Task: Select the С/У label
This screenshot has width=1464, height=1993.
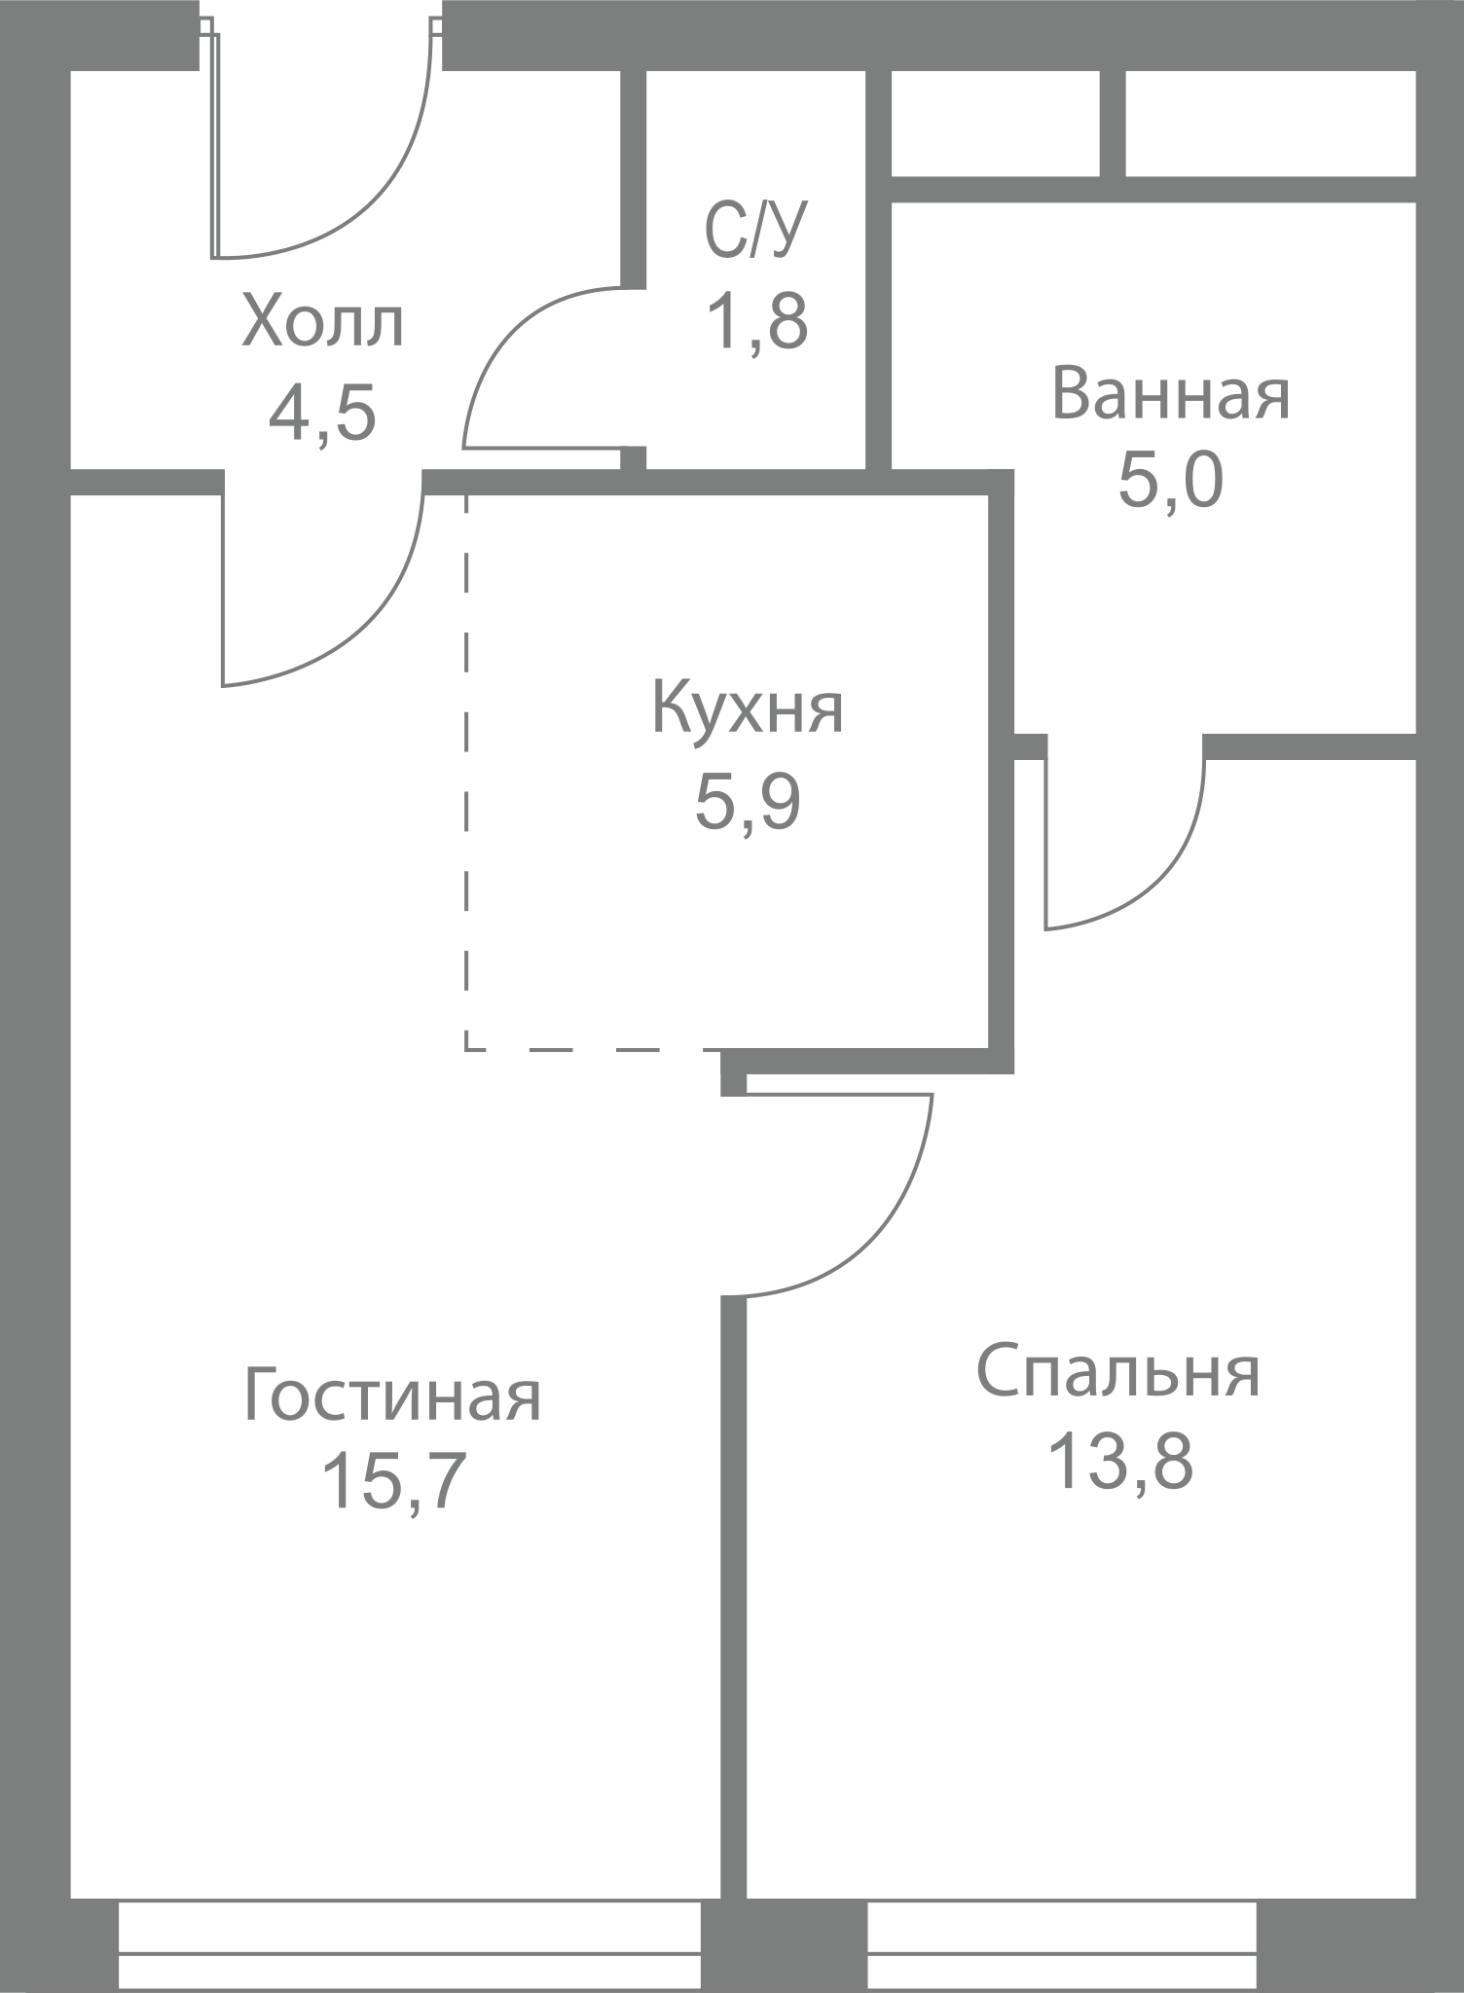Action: [756, 231]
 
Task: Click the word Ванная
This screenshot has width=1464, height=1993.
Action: [1171, 393]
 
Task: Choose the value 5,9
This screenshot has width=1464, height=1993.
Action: [748, 801]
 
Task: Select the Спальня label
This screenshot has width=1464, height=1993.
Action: [1118, 1372]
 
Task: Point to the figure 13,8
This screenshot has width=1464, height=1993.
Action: [1118, 1461]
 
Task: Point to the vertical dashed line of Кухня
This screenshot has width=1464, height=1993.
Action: [466, 772]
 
